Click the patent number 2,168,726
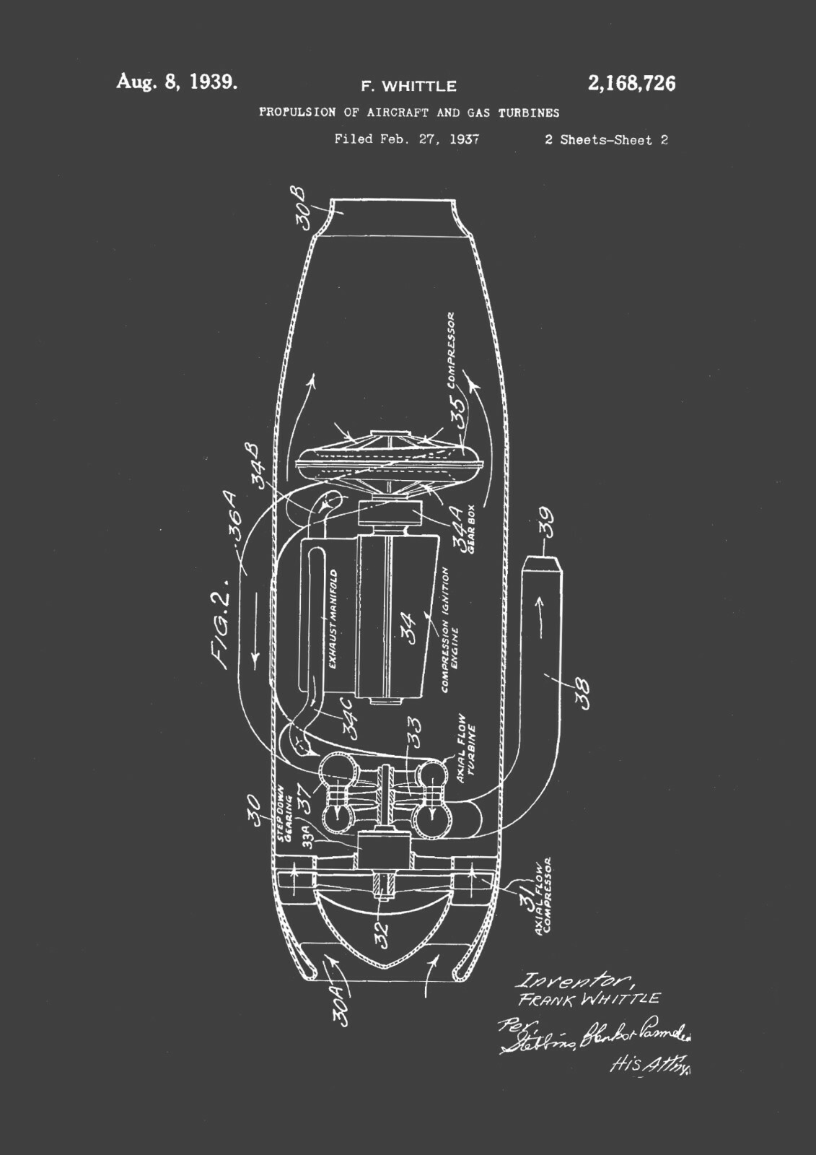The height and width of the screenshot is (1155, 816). [631, 84]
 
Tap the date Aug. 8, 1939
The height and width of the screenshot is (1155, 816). [177, 82]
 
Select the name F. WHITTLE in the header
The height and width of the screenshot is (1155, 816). [408, 87]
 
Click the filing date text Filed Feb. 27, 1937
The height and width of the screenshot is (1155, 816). [407, 139]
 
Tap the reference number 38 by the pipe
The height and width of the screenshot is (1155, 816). [582, 692]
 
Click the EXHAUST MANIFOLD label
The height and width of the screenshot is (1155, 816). [334, 619]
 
